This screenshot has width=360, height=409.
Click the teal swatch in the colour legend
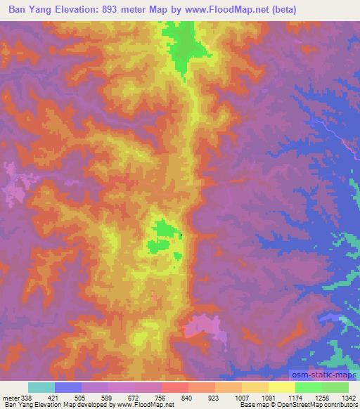[41, 387]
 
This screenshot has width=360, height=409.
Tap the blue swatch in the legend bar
[68, 387]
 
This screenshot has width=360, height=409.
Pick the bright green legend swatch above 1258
[309, 387]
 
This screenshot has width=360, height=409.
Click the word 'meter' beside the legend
[9, 398]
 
